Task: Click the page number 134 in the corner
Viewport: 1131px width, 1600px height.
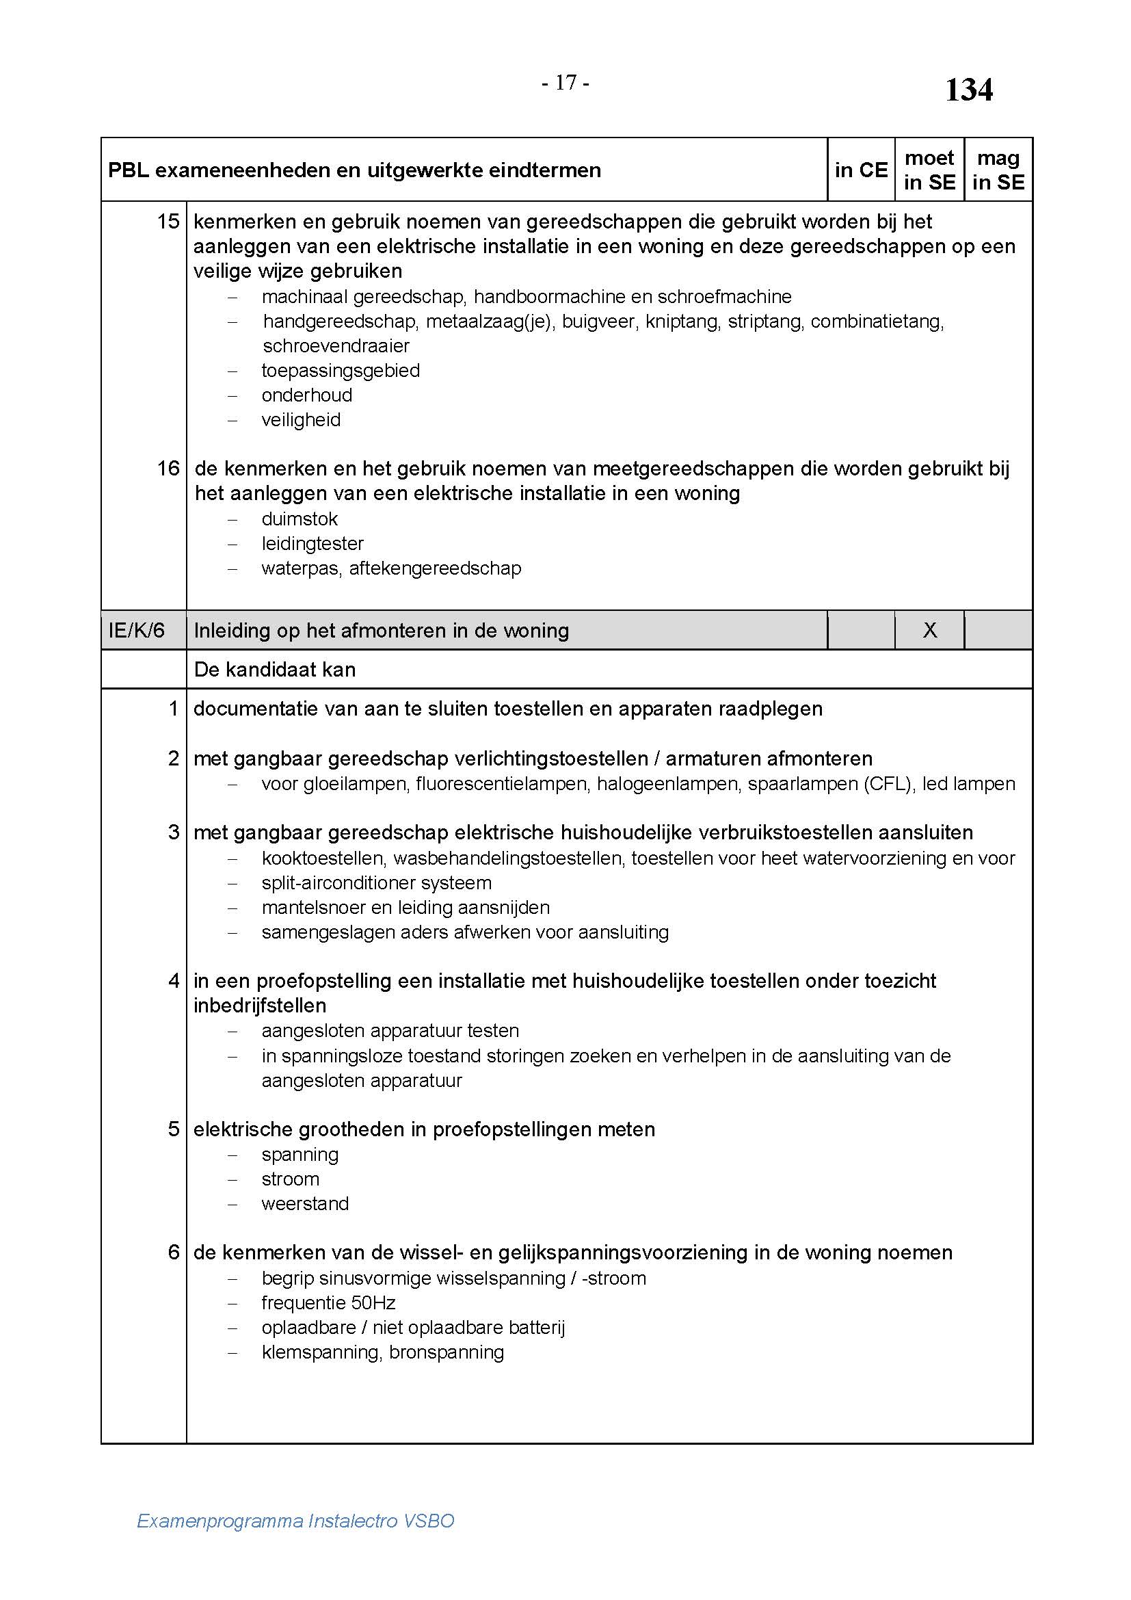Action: click(x=968, y=90)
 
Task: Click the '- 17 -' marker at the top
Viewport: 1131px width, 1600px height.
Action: click(x=565, y=83)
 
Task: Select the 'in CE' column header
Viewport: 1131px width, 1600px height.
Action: click(x=861, y=170)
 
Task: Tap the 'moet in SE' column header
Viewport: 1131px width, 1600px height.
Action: click(x=929, y=170)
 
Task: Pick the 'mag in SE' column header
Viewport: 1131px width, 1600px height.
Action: click(x=998, y=170)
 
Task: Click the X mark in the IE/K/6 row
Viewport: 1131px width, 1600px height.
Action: click(x=930, y=630)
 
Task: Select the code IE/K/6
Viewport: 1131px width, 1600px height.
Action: click(x=137, y=630)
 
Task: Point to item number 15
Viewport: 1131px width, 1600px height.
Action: click(x=168, y=222)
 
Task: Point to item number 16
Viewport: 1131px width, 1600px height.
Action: click(x=168, y=469)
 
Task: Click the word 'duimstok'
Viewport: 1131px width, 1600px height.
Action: click(x=300, y=519)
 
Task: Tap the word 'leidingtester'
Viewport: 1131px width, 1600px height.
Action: click(x=312, y=544)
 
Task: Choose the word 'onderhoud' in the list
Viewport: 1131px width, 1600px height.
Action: click(x=306, y=395)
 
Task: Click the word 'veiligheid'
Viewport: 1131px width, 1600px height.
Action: click(x=301, y=419)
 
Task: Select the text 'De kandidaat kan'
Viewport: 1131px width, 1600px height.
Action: click(x=274, y=670)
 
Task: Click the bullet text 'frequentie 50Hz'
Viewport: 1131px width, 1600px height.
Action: click(x=329, y=1302)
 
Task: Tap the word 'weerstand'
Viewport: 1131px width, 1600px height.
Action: click(x=305, y=1203)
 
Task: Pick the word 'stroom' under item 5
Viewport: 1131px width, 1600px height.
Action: click(x=291, y=1179)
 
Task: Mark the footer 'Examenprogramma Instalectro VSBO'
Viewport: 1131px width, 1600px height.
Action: click(x=295, y=1521)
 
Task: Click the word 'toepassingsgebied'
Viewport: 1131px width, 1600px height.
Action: click(x=341, y=370)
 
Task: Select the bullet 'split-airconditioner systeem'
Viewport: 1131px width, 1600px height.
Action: click(x=376, y=882)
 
